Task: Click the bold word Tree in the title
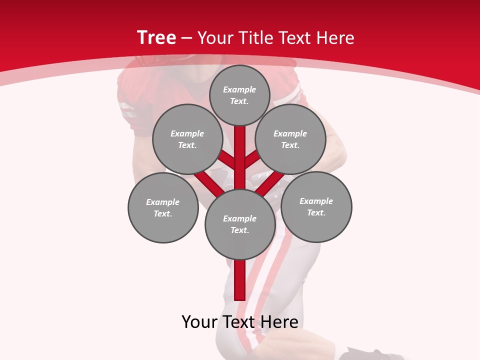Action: click(x=156, y=37)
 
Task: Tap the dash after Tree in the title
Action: click(x=186, y=38)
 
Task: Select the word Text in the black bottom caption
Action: click(x=239, y=322)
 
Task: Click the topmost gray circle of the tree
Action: click(x=239, y=95)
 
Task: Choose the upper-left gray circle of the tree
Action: click(x=187, y=139)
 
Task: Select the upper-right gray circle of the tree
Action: click(x=290, y=139)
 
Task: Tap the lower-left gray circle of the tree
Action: click(x=163, y=207)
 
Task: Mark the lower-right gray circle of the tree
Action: click(x=316, y=207)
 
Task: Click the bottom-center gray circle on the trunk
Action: click(x=240, y=224)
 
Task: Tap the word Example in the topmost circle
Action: click(x=239, y=89)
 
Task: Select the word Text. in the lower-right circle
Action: click(x=316, y=212)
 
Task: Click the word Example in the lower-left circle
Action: click(x=163, y=202)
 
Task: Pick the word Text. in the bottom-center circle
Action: click(x=239, y=230)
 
